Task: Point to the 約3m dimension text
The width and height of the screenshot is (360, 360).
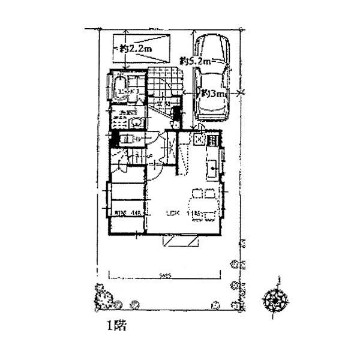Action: pyautogui.click(x=214, y=94)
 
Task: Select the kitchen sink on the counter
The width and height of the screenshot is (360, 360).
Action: pyautogui.click(x=212, y=170)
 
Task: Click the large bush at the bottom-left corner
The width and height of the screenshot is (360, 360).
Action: pyautogui.click(x=104, y=298)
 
